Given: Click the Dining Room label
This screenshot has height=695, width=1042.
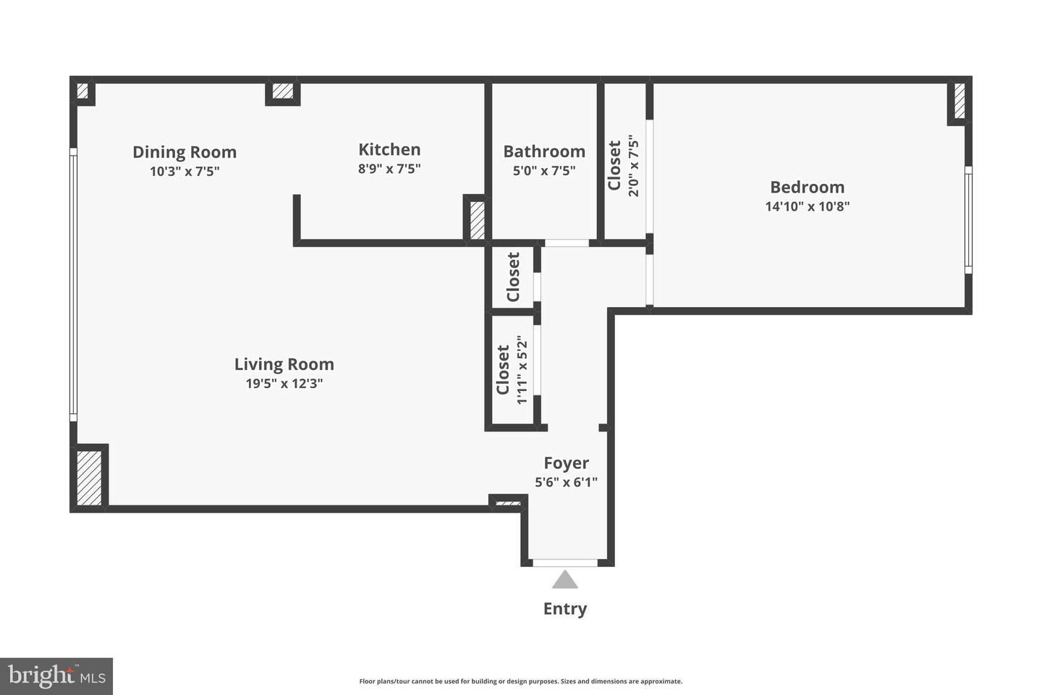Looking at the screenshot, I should click(185, 152).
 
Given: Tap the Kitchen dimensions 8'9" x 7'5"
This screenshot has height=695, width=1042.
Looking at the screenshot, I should click(389, 169).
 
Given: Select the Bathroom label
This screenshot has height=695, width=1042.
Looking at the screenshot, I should click(544, 151).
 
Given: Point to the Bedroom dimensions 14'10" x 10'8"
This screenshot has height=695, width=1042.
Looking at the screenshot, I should click(807, 206).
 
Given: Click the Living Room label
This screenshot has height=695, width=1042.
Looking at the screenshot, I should click(284, 364).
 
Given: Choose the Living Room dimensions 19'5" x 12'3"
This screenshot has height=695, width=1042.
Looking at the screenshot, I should click(284, 384).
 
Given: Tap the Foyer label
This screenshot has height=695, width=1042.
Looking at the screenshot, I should click(566, 463).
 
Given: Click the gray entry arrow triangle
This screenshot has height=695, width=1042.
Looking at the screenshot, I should click(565, 580).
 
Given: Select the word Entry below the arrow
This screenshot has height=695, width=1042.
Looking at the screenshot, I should click(565, 609).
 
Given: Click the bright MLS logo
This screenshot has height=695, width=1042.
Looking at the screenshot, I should click(56, 676).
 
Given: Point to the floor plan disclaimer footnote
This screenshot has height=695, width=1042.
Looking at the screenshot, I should click(520, 681).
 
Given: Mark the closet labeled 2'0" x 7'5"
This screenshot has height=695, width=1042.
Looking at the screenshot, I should click(624, 165).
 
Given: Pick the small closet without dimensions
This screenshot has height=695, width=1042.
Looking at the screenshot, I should click(513, 277).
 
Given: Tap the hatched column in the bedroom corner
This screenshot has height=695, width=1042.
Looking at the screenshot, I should click(960, 101).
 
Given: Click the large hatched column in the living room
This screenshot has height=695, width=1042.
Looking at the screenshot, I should click(90, 477).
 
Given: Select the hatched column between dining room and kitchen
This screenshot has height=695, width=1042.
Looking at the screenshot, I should click(283, 92).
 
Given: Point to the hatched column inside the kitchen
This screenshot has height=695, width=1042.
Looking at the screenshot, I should click(477, 220).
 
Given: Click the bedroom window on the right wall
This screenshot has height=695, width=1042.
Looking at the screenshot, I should click(968, 219).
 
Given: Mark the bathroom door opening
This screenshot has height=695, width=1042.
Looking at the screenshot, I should click(567, 243).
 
